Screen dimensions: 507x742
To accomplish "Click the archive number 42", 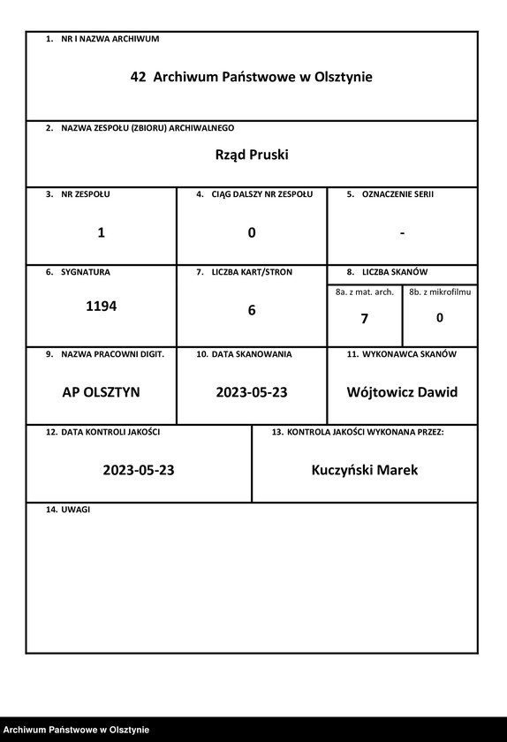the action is [x=138, y=78].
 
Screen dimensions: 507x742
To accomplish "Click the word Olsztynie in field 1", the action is [x=343, y=78].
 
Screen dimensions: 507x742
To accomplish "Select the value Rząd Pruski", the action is [x=252, y=155].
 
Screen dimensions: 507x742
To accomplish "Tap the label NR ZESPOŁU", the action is [x=86, y=193].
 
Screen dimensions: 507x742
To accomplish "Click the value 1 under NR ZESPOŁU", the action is [x=101, y=233].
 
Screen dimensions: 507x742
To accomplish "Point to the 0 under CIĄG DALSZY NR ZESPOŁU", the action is [x=252, y=233].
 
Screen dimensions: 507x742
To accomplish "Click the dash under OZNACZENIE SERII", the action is [x=402, y=233].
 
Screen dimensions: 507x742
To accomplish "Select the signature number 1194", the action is [x=101, y=307].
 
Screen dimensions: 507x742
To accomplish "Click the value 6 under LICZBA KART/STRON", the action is [x=252, y=311].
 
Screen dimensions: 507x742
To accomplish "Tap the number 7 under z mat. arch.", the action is [x=364, y=319].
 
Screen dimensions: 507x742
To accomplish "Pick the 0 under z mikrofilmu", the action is [x=440, y=318].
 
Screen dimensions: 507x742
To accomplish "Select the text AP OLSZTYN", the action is [x=101, y=392].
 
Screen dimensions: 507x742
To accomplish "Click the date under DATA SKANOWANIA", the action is [x=252, y=392].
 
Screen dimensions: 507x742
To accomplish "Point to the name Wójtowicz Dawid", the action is [x=402, y=392].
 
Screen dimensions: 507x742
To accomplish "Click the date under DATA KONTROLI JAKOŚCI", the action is [x=139, y=470].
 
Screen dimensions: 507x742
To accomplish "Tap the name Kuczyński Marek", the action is [x=365, y=470].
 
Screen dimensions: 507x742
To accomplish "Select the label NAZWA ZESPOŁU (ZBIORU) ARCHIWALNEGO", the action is [x=147, y=128].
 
